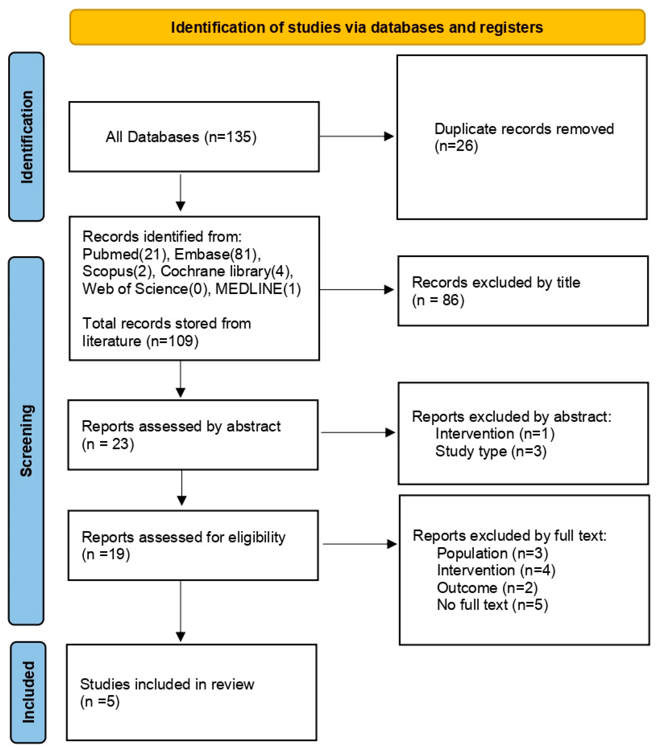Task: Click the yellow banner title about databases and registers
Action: coord(357,27)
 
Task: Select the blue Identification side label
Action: coord(27,137)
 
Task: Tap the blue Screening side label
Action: coord(27,440)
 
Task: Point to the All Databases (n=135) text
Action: coord(181,137)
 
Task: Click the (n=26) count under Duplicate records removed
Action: coord(456,146)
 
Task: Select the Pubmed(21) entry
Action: coord(124,254)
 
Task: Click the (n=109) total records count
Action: coord(172,341)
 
